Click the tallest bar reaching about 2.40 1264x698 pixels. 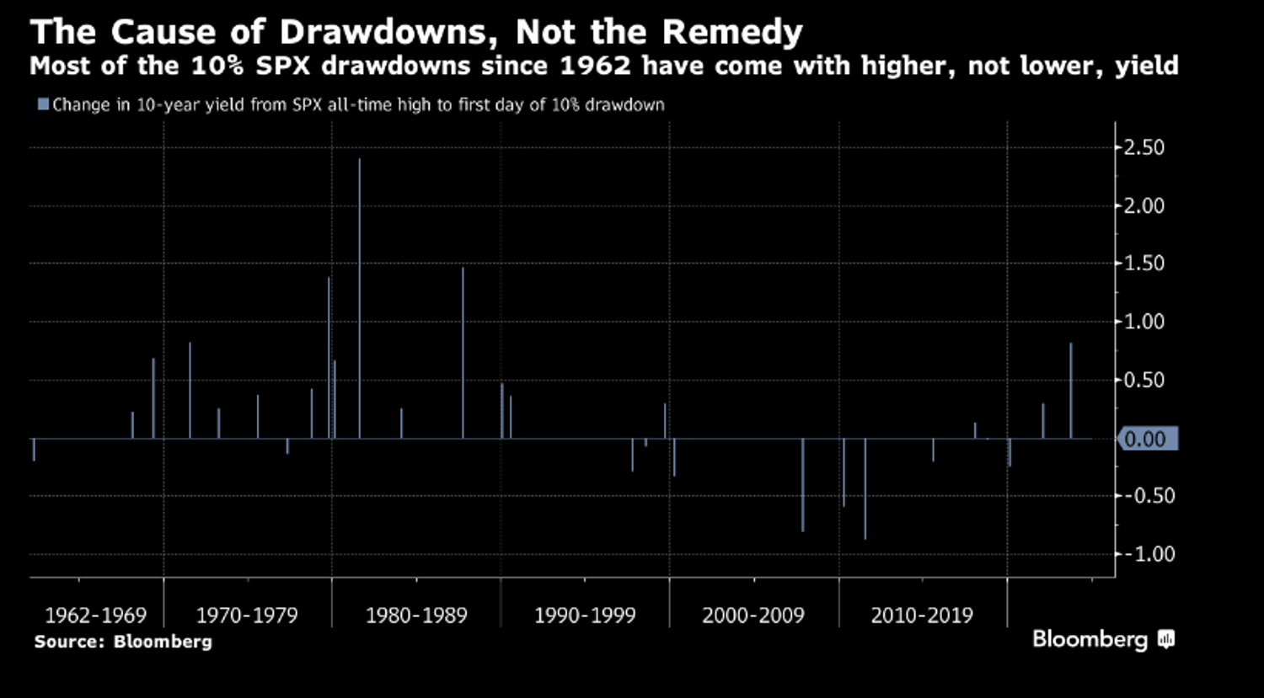(x=360, y=298)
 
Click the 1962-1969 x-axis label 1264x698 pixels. (x=95, y=615)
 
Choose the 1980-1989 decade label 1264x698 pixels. (x=416, y=615)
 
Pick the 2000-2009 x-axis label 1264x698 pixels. (x=753, y=615)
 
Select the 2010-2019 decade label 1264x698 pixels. (x=922, y=615)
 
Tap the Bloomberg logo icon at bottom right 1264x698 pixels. (x=1166, y=640)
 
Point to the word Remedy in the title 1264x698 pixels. (x=733, y=34)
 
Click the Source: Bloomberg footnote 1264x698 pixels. (x=123, y=642)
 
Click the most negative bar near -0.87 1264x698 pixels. (x=865, y=488)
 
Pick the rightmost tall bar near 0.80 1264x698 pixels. (x=1071, y=391)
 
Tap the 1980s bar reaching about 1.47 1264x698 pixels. (x=463, y=353)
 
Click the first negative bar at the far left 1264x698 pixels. (x=34, y=450)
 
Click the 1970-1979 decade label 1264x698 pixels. (x=247, y=615)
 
